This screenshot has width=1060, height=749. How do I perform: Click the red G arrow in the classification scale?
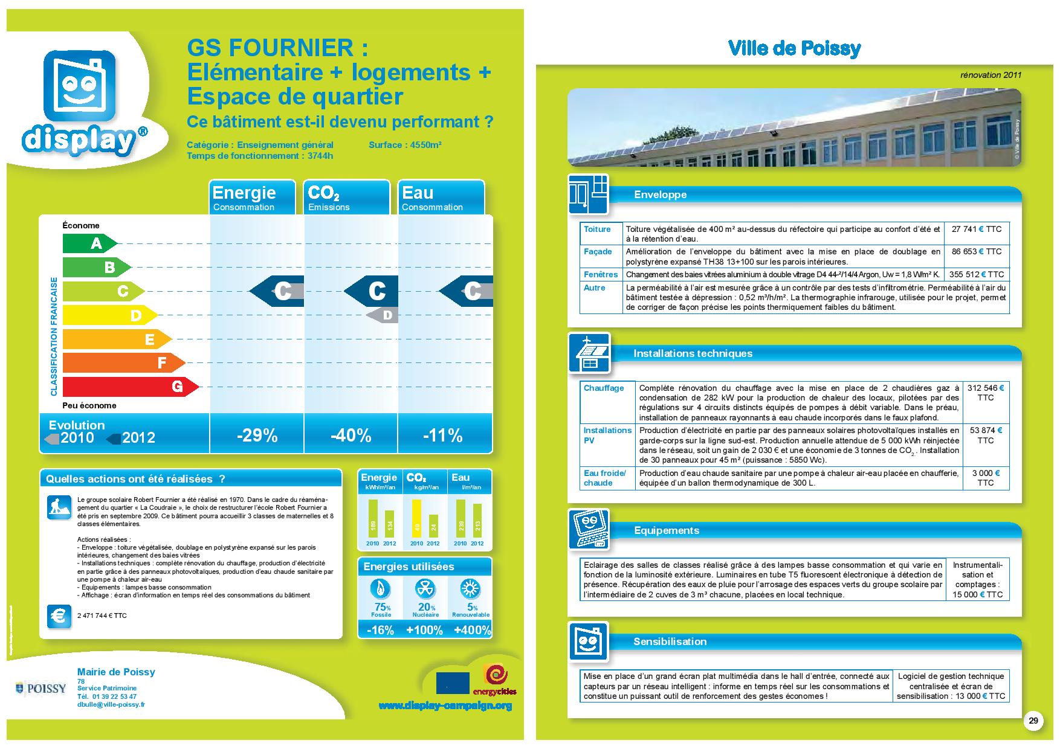[130, 387]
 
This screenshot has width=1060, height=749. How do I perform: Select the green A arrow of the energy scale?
[89, 243]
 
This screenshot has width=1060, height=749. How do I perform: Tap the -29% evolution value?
[257, 436]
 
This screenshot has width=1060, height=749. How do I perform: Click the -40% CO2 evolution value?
[351, 436]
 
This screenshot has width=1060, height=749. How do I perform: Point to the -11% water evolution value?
[443, 436]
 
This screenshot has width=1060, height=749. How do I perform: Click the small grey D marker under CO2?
[384, 315]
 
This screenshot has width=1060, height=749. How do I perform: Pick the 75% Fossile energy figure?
[381, 607]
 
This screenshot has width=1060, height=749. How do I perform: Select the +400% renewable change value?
[471, 630]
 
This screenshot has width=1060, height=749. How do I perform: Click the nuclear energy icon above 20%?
[426, 589]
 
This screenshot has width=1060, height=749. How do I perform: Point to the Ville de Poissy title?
[794, 48]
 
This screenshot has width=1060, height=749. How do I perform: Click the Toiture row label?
[597, 229]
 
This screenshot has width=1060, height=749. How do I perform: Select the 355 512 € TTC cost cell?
[976, 274]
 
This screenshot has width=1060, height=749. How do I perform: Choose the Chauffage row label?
[604, 388]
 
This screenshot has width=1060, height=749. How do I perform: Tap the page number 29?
[1033, 721]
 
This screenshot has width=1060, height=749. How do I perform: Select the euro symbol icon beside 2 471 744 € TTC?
[59, 616]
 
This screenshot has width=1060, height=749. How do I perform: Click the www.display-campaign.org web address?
[445, 706]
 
